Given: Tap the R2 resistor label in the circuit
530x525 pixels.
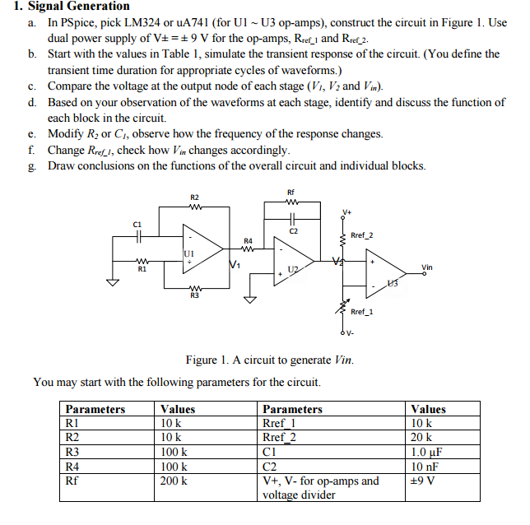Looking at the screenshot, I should (194, 197).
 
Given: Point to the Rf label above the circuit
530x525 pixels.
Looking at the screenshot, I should (291, 192).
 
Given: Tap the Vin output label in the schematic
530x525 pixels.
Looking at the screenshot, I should (426, 267).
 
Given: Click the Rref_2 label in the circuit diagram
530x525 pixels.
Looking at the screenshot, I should (362, 235).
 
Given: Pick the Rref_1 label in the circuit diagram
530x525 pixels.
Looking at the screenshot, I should (362, 312).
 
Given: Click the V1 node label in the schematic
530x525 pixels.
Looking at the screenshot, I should (235, 264).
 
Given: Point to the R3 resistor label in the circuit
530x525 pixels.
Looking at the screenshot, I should (194, 295).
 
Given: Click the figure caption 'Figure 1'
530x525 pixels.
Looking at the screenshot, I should (212, 360).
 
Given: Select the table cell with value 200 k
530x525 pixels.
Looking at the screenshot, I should (174, 481).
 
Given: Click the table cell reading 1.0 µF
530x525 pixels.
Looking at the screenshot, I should (427, 452).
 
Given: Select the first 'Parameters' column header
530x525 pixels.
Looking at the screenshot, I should (95, 409).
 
